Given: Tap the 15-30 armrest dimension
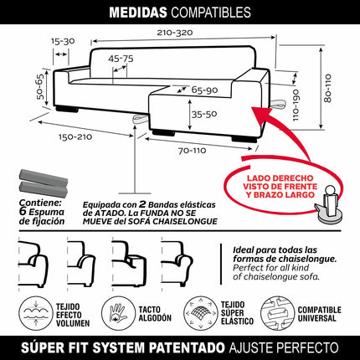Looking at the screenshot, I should [x=60, y=40].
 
